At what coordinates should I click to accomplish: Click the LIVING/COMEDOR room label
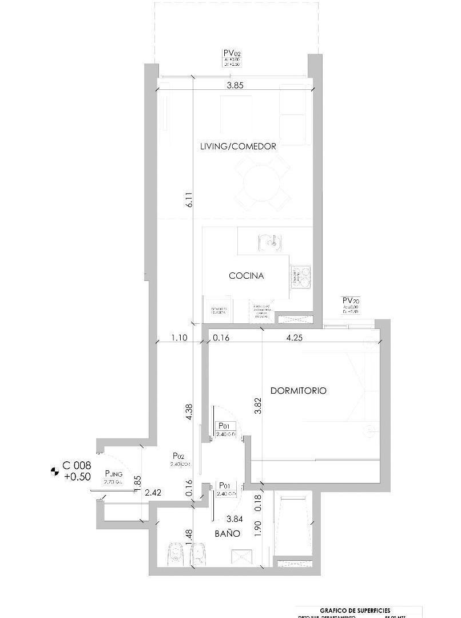238,146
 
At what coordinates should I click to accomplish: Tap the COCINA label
247,276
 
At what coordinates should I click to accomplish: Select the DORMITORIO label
298,391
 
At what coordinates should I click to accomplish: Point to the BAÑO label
228,533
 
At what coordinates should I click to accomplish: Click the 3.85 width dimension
235,86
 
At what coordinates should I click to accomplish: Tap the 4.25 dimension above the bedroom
294,338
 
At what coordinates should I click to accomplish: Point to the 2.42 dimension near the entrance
153,492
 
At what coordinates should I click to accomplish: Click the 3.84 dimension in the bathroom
234,520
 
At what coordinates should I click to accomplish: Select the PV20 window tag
349,300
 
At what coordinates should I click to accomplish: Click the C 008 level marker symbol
55,472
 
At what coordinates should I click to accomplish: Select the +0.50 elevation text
77,477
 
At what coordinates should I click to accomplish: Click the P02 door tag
178,456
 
